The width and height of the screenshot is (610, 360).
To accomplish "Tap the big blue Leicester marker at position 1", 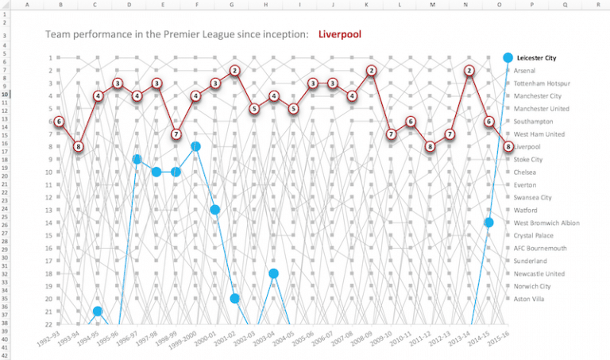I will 508,58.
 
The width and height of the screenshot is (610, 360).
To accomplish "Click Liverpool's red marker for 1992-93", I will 59,122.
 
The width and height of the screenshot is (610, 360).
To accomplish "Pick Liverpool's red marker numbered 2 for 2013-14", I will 469,71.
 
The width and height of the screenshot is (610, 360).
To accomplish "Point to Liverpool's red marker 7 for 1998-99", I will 176,134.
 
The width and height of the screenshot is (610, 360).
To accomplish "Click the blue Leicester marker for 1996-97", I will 137,160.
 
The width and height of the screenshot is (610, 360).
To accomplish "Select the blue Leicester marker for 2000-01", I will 215,210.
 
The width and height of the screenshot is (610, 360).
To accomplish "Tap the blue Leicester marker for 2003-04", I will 274,273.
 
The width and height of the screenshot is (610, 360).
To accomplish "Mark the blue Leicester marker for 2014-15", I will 489,223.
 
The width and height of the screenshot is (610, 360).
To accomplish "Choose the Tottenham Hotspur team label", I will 542,83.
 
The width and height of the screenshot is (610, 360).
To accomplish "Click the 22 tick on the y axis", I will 48,324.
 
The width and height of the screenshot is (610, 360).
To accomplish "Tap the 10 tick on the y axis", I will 48,172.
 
